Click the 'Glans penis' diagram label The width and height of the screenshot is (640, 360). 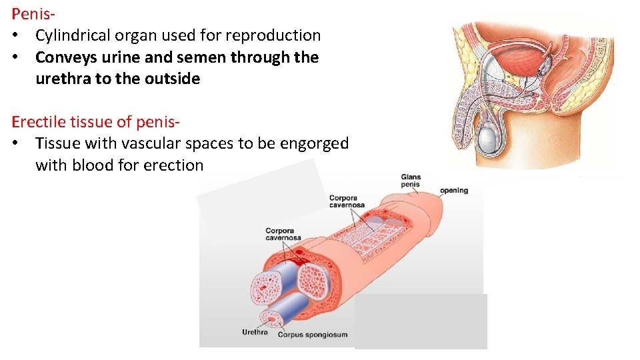tap(411, 181)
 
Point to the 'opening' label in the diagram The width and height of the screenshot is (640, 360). tap(454, 191)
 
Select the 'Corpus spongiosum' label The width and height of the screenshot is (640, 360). tap(312, 335)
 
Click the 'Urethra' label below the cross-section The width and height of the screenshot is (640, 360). tap(255, 332)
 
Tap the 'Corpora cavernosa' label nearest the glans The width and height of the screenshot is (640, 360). tap(347, 201)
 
